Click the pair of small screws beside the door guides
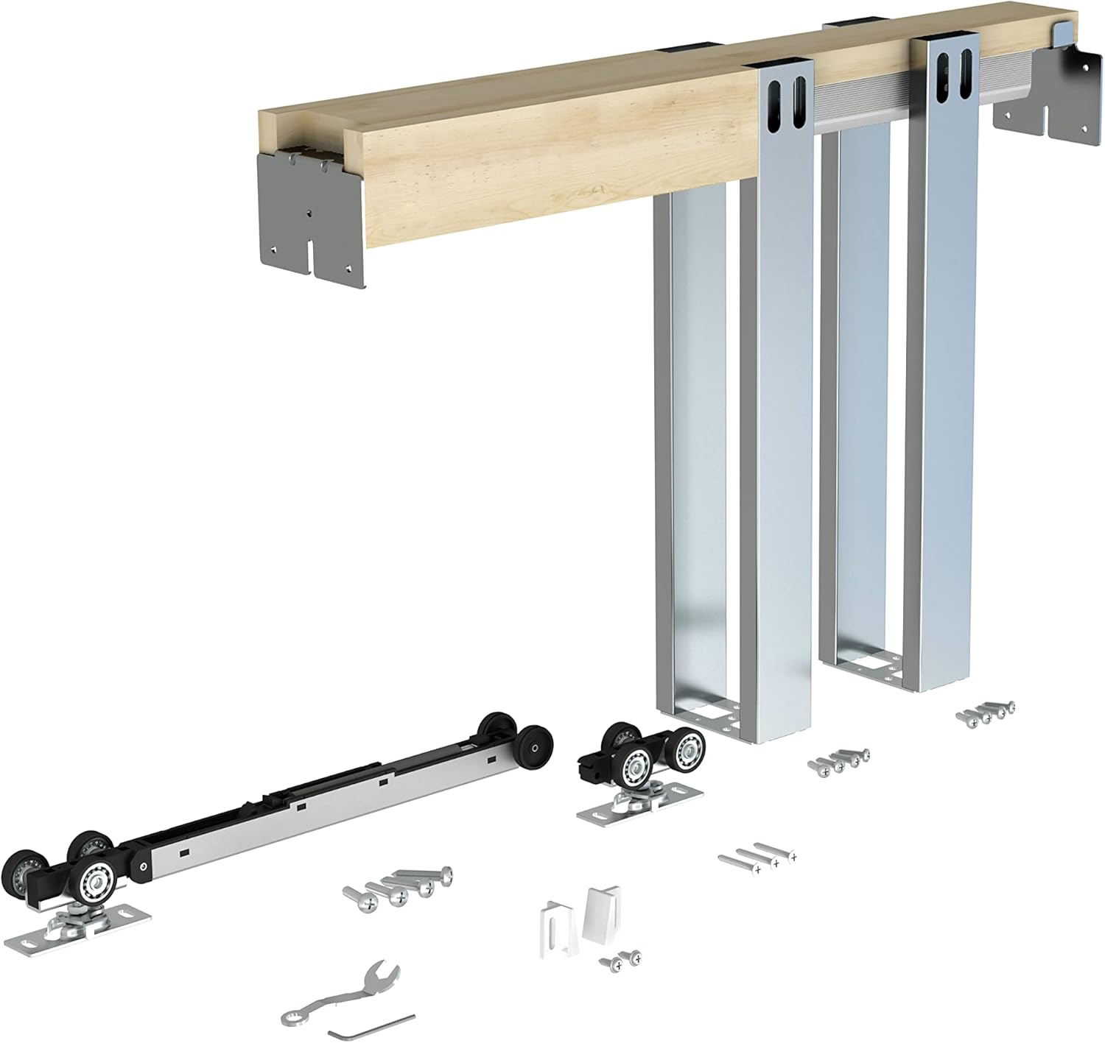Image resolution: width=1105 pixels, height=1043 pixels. (x=620, y=958)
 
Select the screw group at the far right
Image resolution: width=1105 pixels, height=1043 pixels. (x=986, y=713)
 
